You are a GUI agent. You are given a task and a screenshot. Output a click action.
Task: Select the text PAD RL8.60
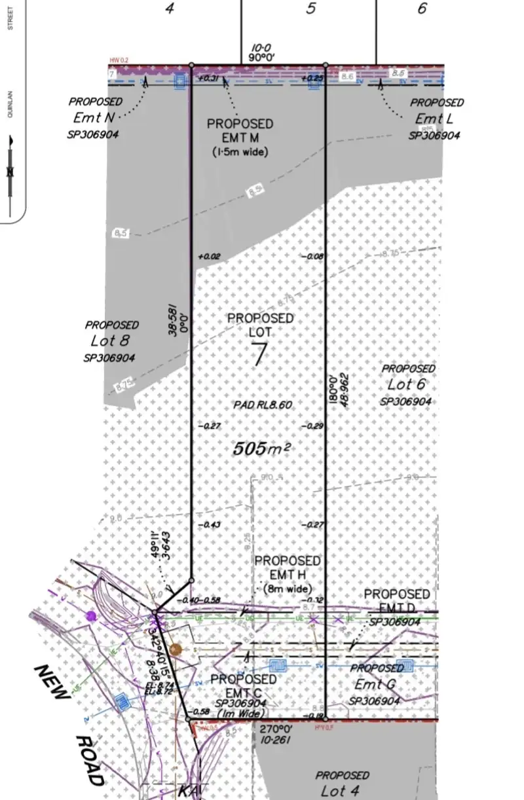(263, 405)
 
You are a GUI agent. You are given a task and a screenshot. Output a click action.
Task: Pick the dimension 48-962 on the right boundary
(345, 391)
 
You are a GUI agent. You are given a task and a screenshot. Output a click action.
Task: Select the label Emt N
(93, 118)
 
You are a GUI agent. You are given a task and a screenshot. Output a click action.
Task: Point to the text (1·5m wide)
(240, 152)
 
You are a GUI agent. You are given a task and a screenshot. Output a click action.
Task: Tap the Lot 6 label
(407, 385)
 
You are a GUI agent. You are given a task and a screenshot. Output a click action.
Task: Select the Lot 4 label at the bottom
(342, 790)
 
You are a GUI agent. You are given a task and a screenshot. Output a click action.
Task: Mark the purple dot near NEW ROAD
(90, 615)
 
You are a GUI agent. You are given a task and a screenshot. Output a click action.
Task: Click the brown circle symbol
(175, 649)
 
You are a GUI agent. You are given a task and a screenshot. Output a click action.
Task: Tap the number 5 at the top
(311, 9)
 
